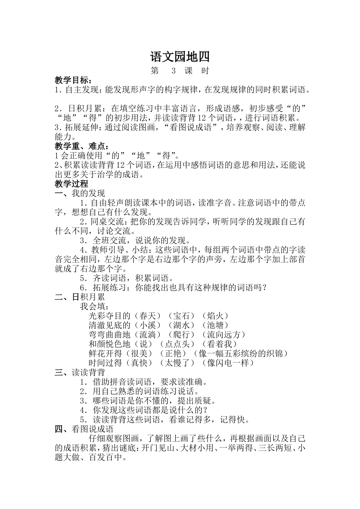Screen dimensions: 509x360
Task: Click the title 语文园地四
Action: click(x=180, y=57)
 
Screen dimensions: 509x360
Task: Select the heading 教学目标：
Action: click(x=73, y=80)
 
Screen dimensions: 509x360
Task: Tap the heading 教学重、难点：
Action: click(x=81, y=146)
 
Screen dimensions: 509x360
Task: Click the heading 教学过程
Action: click(x=71, y=184)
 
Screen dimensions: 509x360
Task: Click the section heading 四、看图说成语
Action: click(x=84, y=429)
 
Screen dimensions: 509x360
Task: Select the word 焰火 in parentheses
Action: click(x=215, y=315)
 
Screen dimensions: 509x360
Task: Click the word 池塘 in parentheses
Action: click(x=215, y=325)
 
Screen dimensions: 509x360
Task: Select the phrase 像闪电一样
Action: click(x=228, y=363)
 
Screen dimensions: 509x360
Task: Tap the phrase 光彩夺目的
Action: click(x=109, y=315)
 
